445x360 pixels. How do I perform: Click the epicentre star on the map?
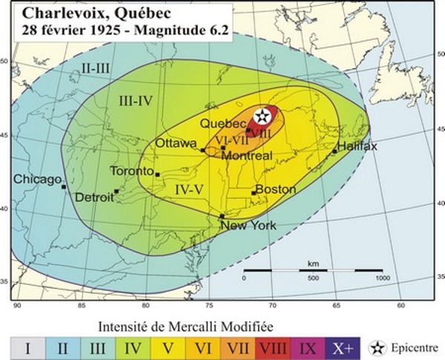(263, 116)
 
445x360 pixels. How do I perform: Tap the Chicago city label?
(36, 180)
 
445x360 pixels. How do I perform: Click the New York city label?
(248, 226)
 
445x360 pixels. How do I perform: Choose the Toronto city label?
(131, 171)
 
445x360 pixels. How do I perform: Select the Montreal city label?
(246, 156)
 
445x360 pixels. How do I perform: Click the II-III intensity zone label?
(96, 68)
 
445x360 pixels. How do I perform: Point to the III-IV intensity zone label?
(136, 100)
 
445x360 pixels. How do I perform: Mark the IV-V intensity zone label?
(189, 189)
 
